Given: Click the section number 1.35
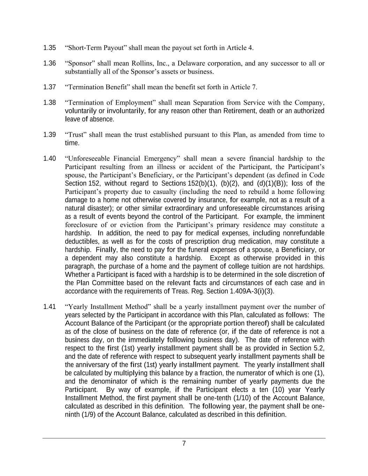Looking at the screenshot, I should pos(50,48).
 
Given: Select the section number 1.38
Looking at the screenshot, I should pos(50,103).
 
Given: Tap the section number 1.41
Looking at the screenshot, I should pos(50,307).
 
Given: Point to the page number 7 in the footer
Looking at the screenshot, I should pos(184,444).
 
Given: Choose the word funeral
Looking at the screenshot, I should pos(198,250).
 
